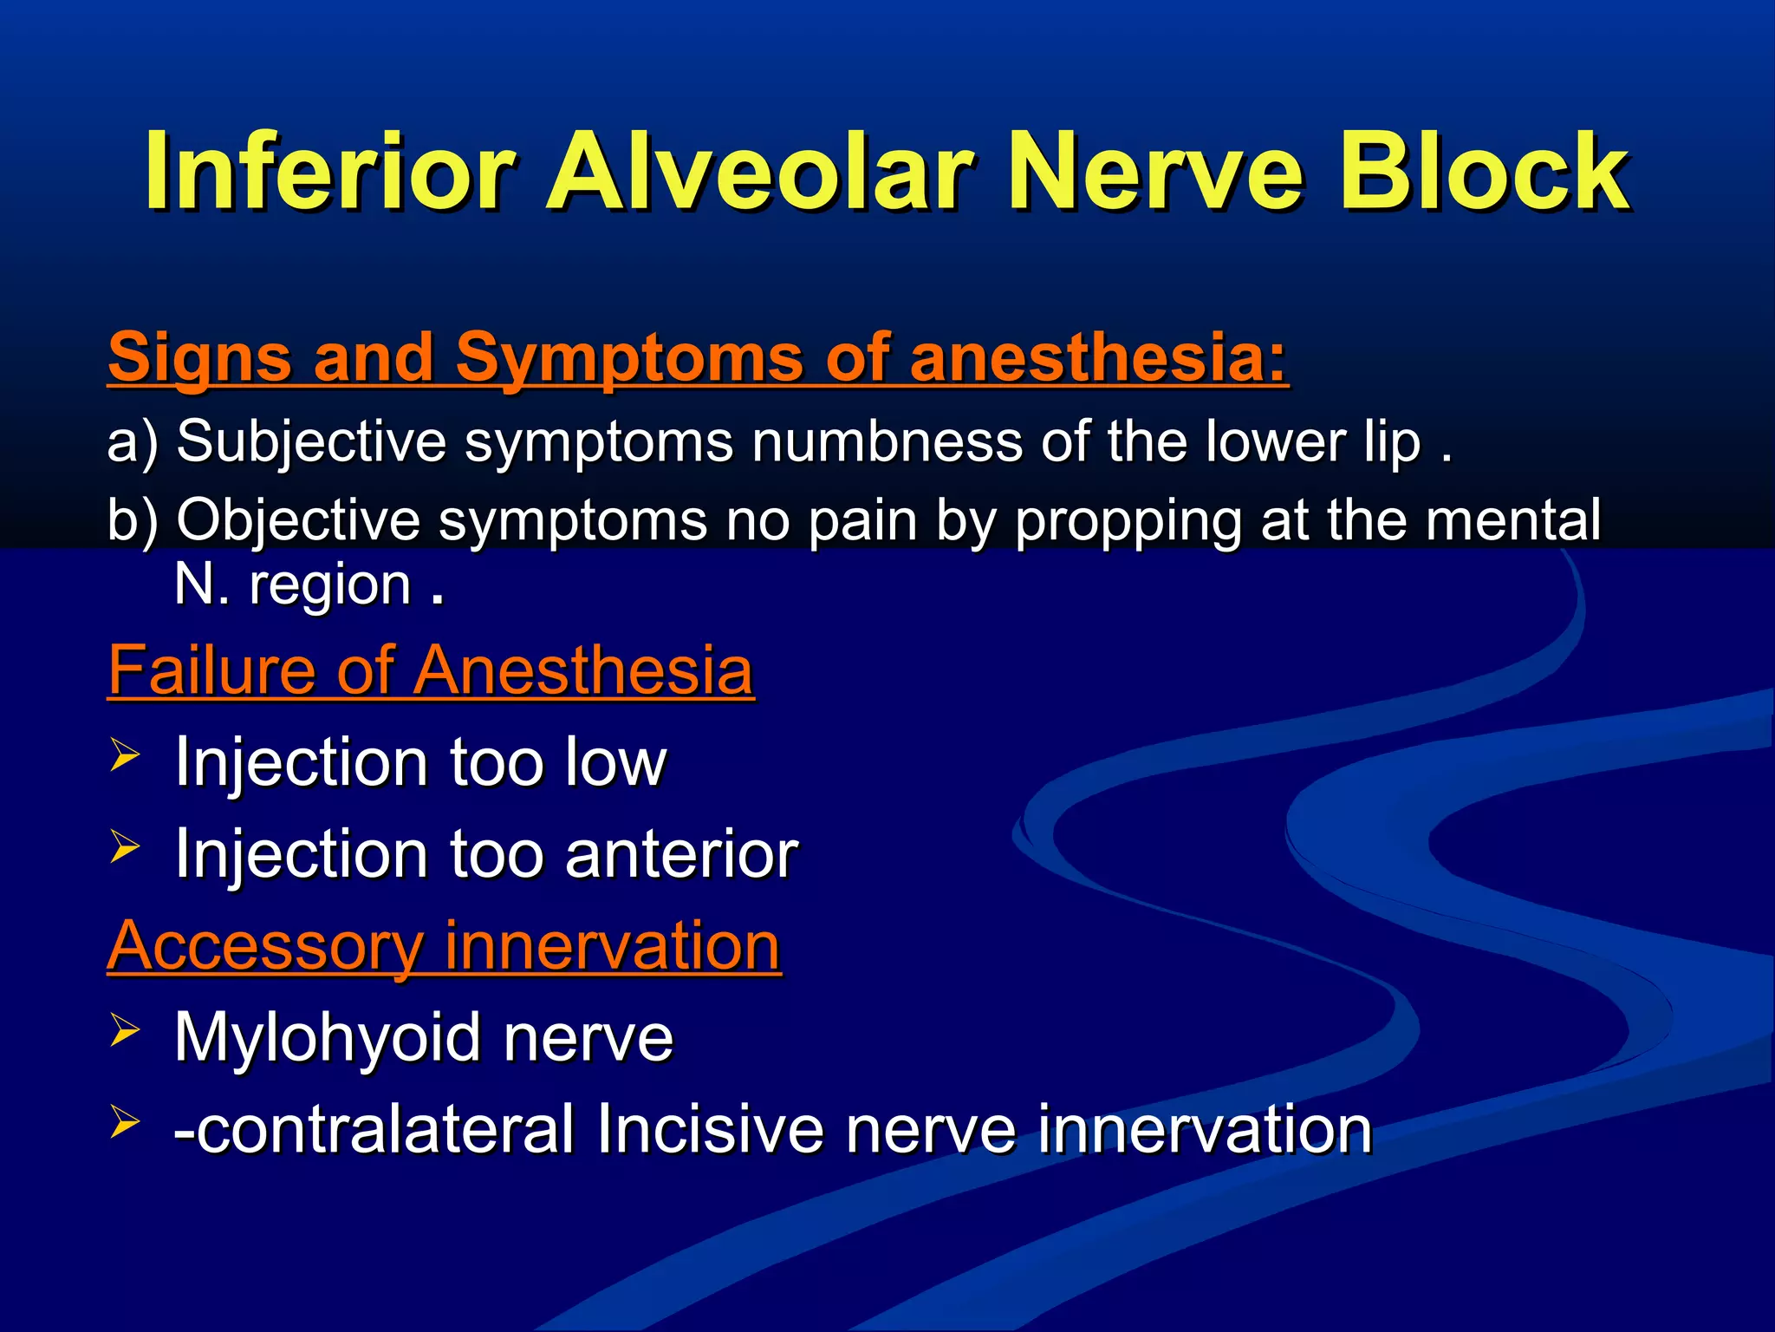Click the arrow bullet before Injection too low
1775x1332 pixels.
125,755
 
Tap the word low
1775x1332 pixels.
615,763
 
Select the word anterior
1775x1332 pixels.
681,854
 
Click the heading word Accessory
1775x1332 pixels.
265,946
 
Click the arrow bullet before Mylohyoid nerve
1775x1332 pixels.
125,1030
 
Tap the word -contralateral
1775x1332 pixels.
374,1129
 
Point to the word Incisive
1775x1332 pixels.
710,1129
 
